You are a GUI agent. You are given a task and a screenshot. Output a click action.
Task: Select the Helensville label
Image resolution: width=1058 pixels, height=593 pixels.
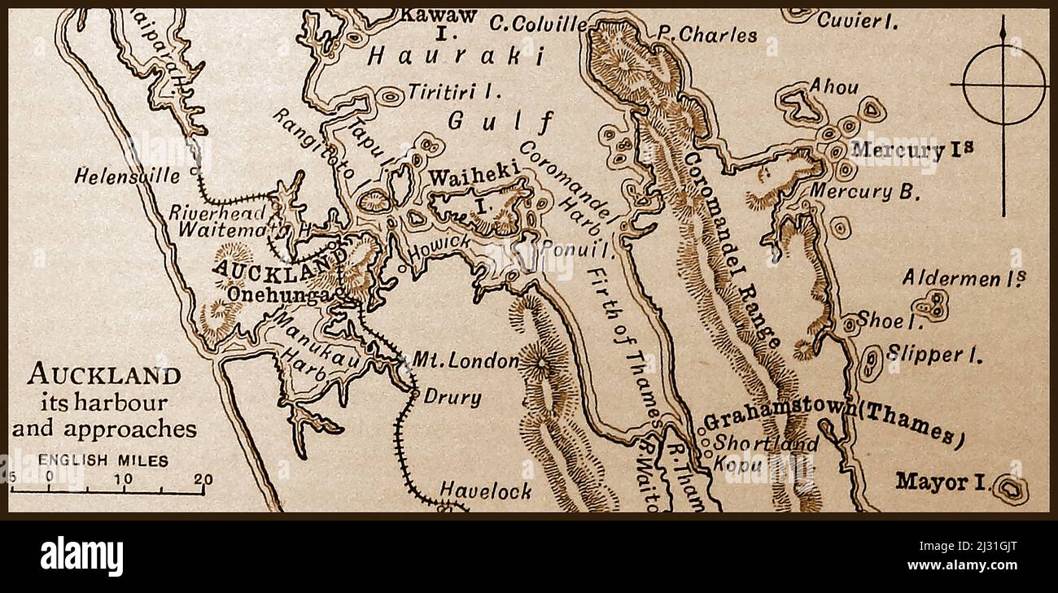[x=128, y=175]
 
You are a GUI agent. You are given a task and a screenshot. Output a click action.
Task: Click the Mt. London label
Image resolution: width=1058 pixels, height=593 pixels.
[x=466, y=360]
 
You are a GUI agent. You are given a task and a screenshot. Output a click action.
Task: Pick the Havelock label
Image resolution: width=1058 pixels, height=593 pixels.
[x=486, y=490]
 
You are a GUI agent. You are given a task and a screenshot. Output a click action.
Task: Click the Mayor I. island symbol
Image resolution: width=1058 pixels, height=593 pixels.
[x=1012, y=489]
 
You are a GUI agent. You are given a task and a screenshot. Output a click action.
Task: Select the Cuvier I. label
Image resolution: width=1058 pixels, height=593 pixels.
[x=858, y=21]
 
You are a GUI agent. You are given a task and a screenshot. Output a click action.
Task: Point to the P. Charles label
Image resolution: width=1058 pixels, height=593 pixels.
[x=706, y=35]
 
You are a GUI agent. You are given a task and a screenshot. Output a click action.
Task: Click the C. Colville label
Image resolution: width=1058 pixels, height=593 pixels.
[x=537, y=24]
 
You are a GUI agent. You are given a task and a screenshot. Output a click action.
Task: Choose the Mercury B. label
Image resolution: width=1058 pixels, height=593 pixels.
[x=865, y=192]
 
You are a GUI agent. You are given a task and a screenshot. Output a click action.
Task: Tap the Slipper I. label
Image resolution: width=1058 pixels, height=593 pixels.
[x=933, y=355]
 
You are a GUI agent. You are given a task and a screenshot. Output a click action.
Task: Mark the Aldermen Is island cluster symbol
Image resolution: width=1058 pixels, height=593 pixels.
[x=930, y=306]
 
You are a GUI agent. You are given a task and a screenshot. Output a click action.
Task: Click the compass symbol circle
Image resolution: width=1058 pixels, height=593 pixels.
[x=1003, y=84]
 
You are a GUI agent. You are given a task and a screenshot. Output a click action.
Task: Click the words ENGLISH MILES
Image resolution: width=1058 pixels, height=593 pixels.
[x=103, y=460]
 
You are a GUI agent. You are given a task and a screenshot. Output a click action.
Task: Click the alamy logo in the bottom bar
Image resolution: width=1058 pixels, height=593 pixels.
[x=81, y=557]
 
